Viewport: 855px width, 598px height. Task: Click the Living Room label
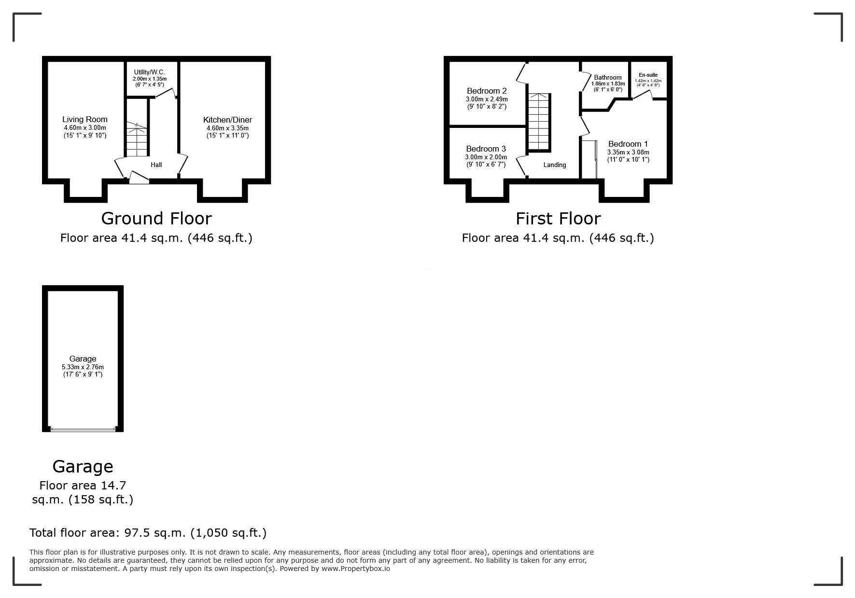tap(85, 120)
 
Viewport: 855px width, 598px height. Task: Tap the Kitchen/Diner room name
tap(227, 120)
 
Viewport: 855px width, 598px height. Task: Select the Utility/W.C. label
tap(149, 72)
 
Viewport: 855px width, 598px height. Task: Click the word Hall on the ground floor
tap(156, 165)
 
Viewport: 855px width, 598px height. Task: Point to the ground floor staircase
tap(137, 139)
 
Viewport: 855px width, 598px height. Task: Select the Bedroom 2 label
tap(487, 91)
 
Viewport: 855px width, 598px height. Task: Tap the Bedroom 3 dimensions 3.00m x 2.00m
tap(486, 157)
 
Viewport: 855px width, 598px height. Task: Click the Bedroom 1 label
tap(628, 144)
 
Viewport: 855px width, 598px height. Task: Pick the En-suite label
tap(648, 75)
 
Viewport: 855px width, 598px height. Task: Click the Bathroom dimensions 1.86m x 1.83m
tap(608, 84)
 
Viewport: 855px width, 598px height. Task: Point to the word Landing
tap(554, 165)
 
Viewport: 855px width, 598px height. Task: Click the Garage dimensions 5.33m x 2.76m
tap(83, 367)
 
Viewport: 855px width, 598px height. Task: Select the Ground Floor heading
tap(156, 219)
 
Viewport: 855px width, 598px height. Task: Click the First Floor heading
tap(558, 219)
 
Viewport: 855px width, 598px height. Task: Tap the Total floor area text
tap(148, 533)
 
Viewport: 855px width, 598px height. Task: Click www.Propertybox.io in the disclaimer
tap(355, 569)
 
